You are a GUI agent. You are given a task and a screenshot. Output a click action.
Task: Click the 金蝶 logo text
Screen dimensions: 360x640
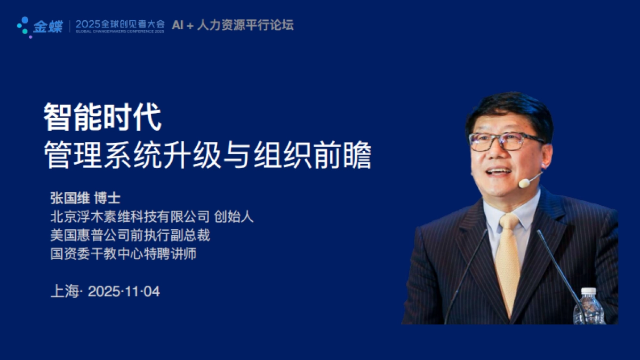coord(47,27)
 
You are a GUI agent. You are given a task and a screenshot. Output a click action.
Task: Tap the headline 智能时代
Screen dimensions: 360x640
coord(102,118)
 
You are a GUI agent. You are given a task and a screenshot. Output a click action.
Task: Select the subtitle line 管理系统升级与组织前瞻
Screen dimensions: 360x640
coord(207,155)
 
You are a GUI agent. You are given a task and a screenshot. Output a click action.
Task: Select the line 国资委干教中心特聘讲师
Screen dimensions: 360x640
coord(123,254)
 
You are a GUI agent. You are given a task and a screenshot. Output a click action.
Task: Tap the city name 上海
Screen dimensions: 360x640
coord(64,292)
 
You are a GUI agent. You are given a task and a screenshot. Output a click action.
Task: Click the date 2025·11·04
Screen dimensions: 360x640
coord(124,292)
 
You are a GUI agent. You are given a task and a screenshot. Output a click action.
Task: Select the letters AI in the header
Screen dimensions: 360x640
coord(178,25)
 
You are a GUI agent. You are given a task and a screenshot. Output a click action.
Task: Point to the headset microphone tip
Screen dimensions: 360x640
coord(524,183)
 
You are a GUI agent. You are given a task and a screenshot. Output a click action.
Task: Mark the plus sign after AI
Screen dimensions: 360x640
coord(189,25)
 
